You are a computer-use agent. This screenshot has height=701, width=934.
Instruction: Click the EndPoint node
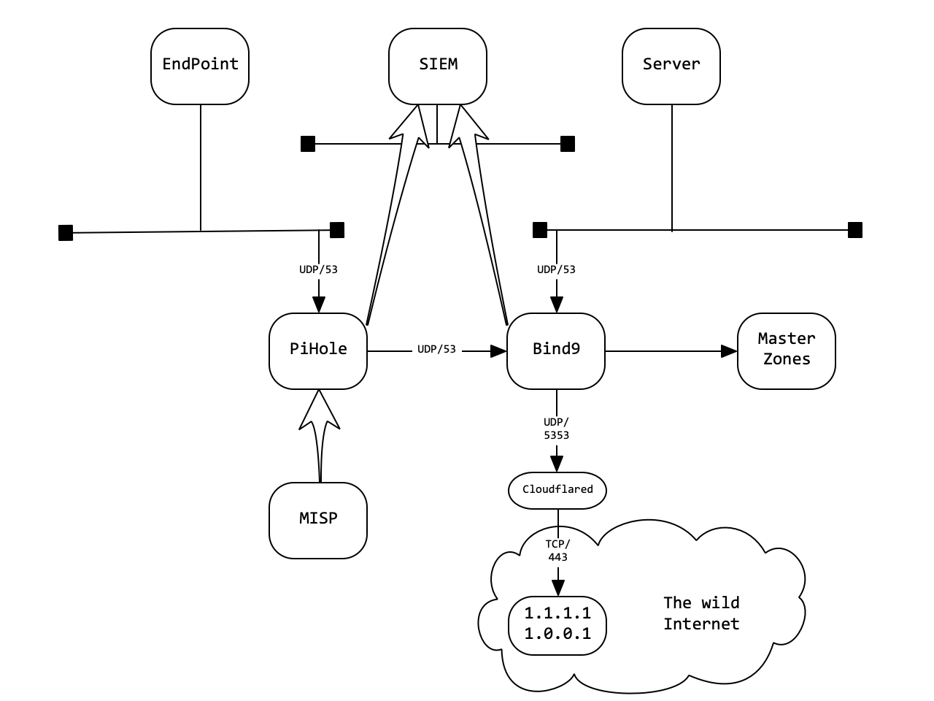[200, 66]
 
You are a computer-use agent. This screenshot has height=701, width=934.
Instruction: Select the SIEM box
[438, 66]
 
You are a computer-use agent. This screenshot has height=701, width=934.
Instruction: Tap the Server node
[671, 66]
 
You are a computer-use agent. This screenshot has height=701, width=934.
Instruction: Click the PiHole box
[318, 351]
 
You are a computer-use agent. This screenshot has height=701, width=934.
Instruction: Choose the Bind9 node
[556, 351]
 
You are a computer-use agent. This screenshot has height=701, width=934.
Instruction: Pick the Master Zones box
[787, 351]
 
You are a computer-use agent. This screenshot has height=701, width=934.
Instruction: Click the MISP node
[318, 521]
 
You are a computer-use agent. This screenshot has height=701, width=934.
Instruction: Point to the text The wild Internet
[700, 613]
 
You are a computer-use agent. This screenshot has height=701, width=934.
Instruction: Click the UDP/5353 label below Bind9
[556, 429]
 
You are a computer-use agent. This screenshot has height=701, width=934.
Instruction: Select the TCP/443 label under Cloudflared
[557, 551]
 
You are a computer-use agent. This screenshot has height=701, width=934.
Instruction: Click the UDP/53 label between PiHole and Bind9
[436, 350]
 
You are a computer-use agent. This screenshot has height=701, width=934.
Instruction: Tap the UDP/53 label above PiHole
[318, 269]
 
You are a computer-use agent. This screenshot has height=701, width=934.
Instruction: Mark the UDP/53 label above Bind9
[556, 269]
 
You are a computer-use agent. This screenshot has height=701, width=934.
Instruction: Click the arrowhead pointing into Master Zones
[729, 351]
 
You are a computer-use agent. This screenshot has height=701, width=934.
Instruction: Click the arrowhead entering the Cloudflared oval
[557, 464]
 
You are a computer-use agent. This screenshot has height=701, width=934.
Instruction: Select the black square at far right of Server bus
[855, 230]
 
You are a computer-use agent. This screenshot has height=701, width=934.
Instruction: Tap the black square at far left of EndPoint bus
[66, 233]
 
